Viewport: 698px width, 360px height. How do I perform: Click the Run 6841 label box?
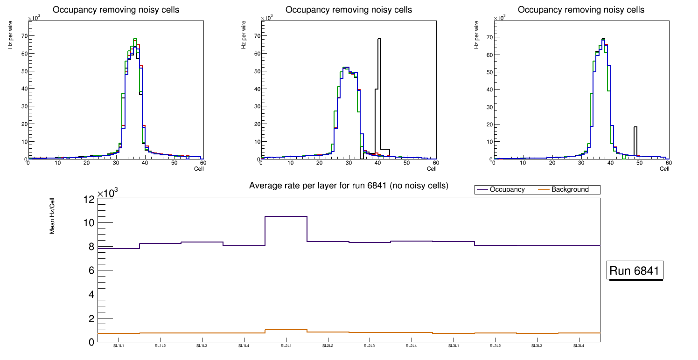point(635,271)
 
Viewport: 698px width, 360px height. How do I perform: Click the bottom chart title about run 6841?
point(349,186)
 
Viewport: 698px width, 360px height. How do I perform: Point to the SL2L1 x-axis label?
point(286,346)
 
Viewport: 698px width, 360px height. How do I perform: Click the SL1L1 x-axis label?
point(119,346)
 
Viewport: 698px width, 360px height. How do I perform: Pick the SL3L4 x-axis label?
point(579,346)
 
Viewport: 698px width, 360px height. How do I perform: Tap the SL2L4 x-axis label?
point(411,346)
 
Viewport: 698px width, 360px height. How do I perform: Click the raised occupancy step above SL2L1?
point(286,216)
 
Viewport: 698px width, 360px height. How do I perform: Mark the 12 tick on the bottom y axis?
point(89,200)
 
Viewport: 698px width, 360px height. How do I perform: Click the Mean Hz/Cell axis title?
point(52,219)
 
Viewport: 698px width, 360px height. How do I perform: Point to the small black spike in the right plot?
point(635,140)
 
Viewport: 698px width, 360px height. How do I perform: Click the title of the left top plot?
point(116,10)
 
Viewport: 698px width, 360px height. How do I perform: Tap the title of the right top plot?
point(581,10)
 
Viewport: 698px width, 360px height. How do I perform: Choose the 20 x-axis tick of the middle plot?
point(320,163)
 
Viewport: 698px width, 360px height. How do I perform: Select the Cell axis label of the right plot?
point(664,169)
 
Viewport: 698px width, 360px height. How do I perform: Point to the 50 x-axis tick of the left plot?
point(174,163)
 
